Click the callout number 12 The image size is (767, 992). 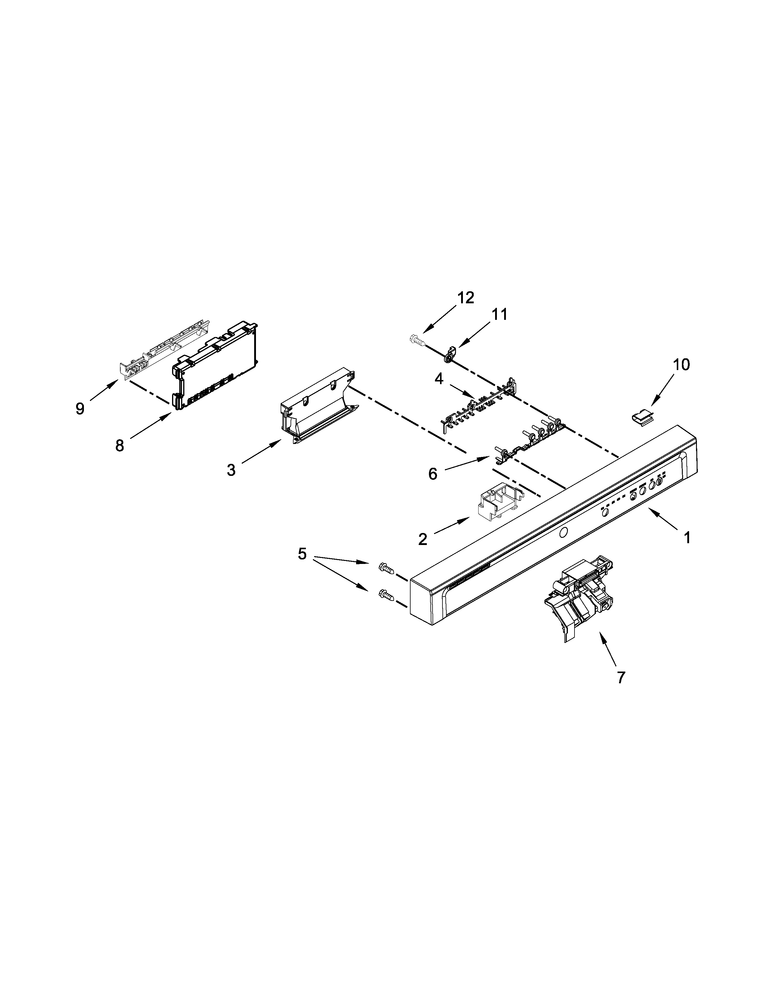[x=465, y=298]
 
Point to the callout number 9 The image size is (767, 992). [x=80, y=409]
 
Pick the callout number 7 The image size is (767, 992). [x=621, y=690]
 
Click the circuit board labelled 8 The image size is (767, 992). [x=216, y=363]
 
